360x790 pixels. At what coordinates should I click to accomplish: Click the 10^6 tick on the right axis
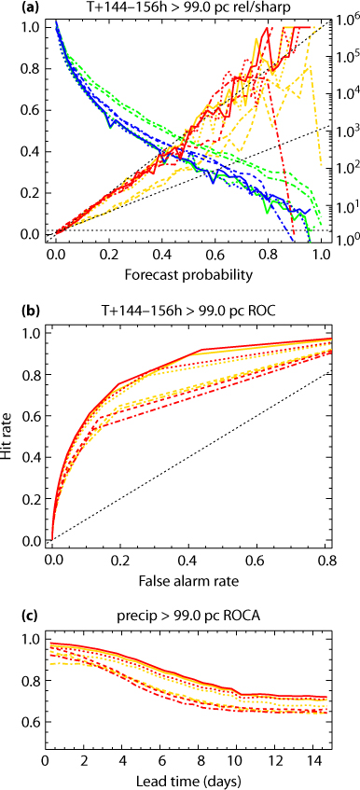pos(345,21)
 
